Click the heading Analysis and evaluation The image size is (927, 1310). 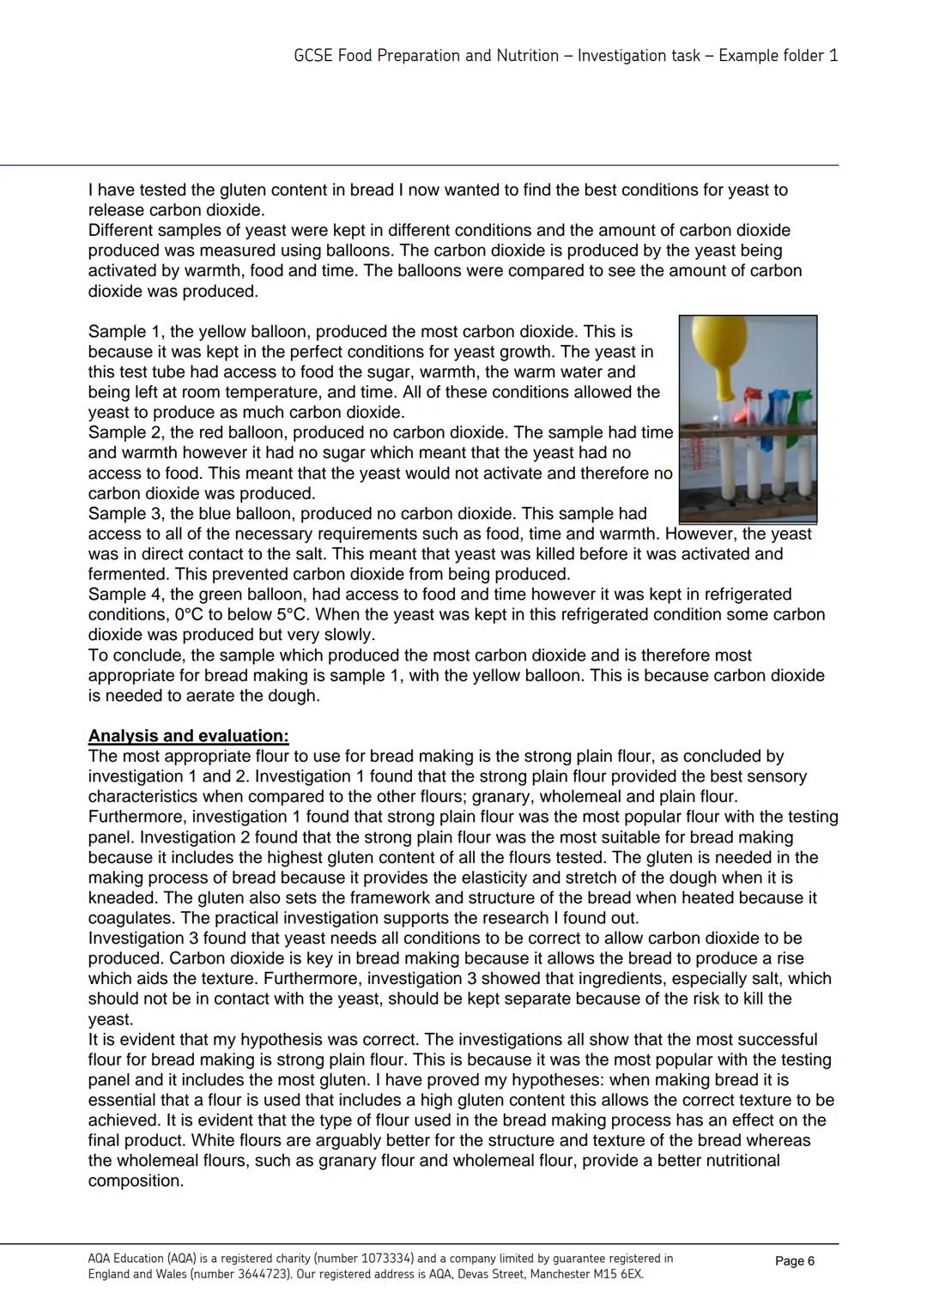click(x=188, y=736)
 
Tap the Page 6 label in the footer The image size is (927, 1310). click(x=794, y=1261)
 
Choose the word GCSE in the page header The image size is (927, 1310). click(x=313, y=56)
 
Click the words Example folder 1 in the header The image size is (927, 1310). click(x=778, y=56)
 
